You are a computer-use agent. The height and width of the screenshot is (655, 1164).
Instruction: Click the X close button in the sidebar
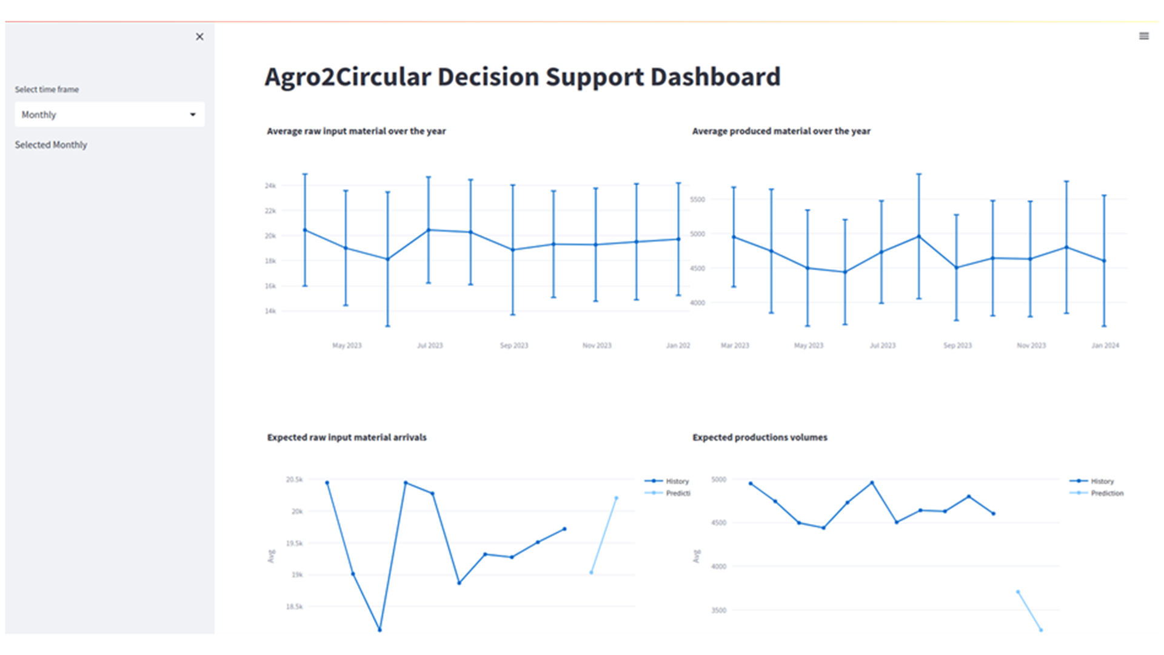pos(199,37)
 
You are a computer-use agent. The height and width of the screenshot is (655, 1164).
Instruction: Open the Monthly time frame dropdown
pos(109,115)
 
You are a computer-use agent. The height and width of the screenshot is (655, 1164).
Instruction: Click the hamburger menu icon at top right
pos(1143,36)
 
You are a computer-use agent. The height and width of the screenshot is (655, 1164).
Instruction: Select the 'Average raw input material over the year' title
pos(356,131)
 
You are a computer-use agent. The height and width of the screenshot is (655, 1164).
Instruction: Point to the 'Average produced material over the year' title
pos(781,131)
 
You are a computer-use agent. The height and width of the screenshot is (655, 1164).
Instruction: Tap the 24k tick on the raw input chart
pos(270,186)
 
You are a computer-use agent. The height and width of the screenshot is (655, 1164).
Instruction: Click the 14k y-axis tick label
pos(270,311)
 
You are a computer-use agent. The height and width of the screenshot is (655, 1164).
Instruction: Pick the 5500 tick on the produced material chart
pos(697,200)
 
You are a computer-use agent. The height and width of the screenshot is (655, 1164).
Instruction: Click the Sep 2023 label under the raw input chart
pos(513,346)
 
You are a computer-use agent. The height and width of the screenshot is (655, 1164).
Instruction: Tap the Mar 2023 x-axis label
pos(734,346)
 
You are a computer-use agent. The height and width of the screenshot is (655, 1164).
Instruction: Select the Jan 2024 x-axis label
pos(1105,346)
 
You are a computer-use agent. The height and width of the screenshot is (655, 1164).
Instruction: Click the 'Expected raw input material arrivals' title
pos(347,437)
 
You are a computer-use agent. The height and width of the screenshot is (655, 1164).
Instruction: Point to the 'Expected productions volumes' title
pos(760,437)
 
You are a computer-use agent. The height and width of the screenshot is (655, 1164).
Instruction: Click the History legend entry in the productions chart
pos(1102,481)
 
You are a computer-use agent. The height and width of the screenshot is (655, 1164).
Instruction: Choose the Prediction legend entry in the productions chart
pos(1106,493)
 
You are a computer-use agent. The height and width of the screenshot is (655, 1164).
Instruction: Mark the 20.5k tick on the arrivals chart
pos(294,480)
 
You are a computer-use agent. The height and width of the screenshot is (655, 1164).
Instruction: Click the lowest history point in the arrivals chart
pos(380,630)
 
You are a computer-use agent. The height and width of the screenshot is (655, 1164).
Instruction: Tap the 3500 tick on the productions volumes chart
pos(718,611)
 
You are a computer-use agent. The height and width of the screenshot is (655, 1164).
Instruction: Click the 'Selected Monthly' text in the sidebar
pos(51,145)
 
